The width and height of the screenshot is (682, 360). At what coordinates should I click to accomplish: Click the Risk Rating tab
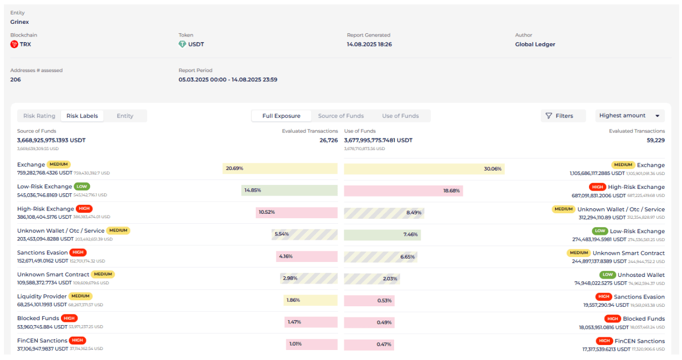click(39, 116)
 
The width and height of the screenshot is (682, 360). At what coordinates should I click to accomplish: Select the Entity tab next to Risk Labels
click(125, 116)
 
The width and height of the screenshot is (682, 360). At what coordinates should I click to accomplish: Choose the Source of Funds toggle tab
click(341, 116)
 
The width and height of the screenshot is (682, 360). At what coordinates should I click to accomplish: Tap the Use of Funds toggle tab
click(400, 116)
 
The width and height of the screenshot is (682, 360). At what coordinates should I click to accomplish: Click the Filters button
click(564, 116)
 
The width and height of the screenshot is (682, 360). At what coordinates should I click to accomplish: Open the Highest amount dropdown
click(630, 116)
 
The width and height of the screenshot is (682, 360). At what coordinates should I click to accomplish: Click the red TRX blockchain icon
click(14, 44)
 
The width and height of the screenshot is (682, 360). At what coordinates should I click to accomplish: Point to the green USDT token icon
click(182, 44)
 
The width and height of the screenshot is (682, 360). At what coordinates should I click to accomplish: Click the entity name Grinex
click(20, 22)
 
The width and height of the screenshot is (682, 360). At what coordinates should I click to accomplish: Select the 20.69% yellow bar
click(280, 168)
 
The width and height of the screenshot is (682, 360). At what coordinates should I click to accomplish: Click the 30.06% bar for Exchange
click(424, 168)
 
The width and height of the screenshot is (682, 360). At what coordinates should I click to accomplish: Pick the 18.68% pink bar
click(404, 191)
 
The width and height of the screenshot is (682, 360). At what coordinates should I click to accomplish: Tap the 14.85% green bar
click(290, 191)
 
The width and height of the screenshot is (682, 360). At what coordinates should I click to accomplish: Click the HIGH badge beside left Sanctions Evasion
click(78, 253)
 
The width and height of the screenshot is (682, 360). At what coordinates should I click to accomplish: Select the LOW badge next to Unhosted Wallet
click(608, 275)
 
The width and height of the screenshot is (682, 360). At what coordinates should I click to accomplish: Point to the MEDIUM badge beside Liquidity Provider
click(80, 296)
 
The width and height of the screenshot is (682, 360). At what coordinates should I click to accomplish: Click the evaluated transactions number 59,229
click(655, 141)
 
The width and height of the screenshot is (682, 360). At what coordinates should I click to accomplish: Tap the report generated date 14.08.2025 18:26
click(369, 44)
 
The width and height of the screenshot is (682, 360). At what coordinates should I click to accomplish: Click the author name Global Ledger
click(535, 44)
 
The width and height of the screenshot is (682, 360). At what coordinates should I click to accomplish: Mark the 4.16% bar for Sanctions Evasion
click(307, 256)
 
